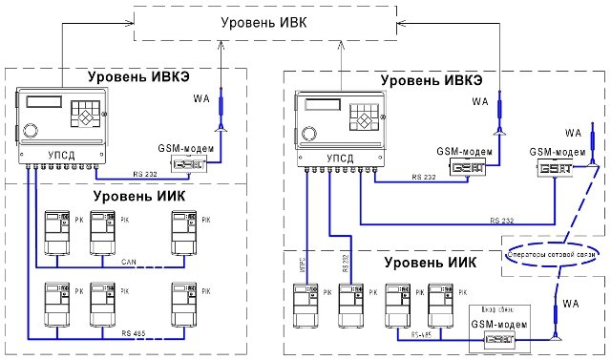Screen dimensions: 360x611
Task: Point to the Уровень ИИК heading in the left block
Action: click(x=148, y=197)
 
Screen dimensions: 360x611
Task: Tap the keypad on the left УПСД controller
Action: click(x=91, y=114)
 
